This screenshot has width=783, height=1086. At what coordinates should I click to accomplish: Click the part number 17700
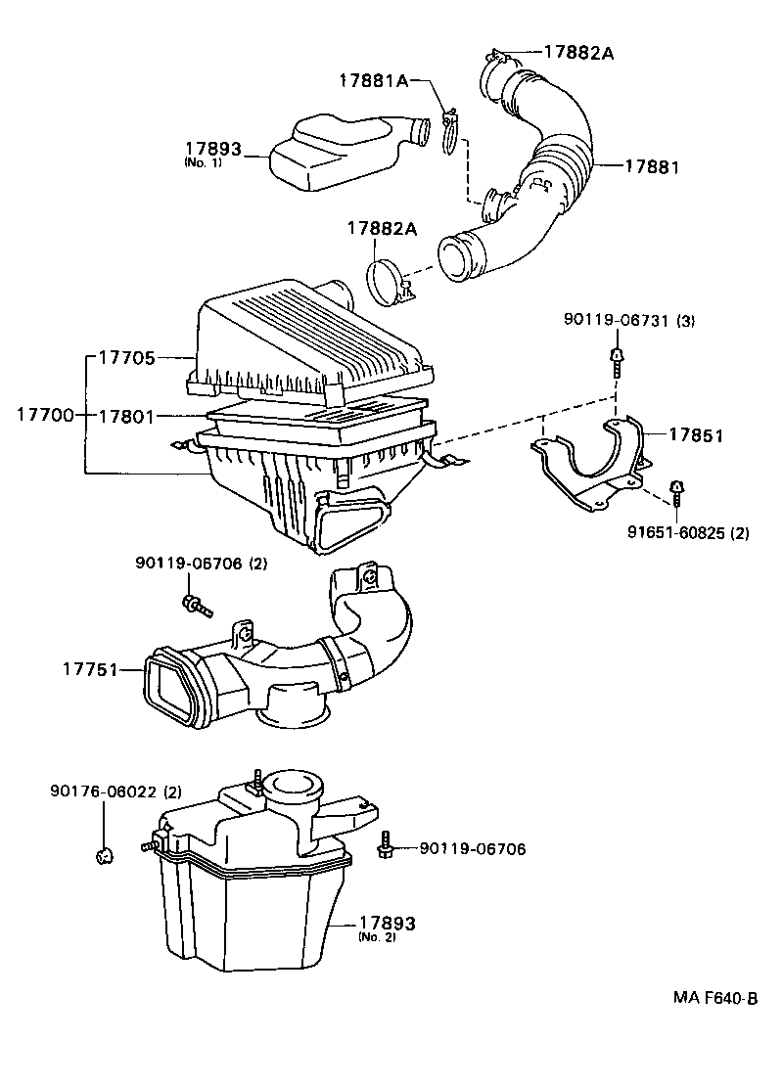[x=44, y=415]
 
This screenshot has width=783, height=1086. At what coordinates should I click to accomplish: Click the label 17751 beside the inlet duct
[x=91, y=670]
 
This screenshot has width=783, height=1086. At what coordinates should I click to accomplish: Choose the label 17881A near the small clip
[x=374, y=80]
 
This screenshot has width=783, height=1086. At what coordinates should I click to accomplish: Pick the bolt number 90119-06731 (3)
[x=628, y=321]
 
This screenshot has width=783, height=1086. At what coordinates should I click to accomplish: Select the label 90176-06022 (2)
[x=115, y=791]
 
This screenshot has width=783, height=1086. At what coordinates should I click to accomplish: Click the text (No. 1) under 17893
[x=203, y=162]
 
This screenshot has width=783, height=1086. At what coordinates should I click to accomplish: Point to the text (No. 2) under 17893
[x=376, y=937]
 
